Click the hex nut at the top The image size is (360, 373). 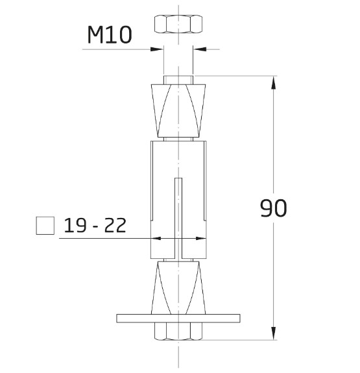tap(178, 25)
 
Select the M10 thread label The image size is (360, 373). tap(110, 35)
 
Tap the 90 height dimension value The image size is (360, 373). tap(273, 208)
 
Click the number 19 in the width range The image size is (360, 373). tap(76, 226)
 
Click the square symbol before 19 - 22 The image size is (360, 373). tap(45, 226)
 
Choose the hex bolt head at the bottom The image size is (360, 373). tap(178, 331)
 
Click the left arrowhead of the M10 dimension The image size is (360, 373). tap(158, 49)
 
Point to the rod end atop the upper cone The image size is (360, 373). tap(178, 80)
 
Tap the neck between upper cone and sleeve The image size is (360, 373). tap(178, 138)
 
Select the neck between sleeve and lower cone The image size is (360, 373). tap(178, 259)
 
